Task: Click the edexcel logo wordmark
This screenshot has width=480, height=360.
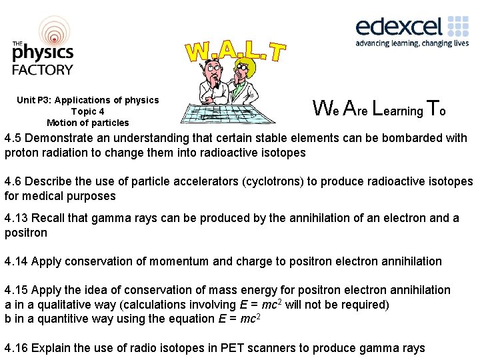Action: coord(399,27)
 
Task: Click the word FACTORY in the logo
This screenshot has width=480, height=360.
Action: coord(43,69)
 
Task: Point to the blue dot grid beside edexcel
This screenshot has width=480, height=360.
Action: coord(459,26)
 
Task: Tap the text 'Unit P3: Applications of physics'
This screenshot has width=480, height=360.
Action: coord(88,100)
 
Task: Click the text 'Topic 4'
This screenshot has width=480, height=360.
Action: coord(88,111)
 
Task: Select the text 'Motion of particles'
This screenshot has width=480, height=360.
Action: coord(88,123)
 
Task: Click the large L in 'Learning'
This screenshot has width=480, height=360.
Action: coord(377,107)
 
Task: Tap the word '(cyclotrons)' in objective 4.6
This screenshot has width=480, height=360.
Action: coord(273,182)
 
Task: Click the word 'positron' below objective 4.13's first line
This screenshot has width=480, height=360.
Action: coord(25,232)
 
